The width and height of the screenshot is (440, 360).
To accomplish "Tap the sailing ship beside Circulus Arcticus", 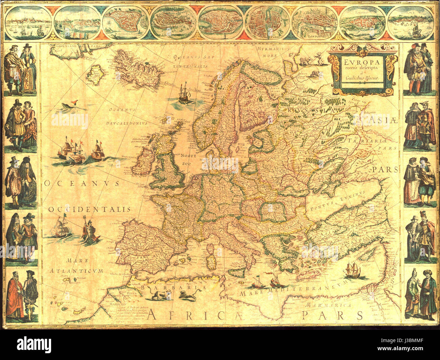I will [x=183, y=93].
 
